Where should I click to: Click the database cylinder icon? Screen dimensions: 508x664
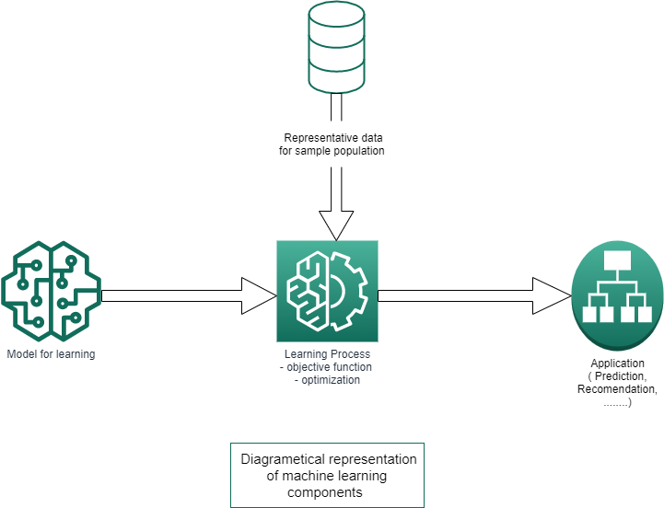click(336, 48)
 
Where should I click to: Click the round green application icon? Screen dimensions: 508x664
click(617, 294)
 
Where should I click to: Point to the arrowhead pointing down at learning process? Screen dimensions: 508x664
click(335, 224)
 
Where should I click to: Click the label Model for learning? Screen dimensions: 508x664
click(51, 354)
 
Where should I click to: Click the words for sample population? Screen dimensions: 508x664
click(332, 151)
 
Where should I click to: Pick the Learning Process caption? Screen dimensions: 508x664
click(327, 354)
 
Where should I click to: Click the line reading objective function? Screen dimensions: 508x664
click(327, 367)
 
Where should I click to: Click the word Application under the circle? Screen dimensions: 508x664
click(617, 364)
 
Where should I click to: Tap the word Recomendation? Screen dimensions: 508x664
click(616, 389)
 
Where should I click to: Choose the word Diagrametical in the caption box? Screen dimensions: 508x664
click(275, 459)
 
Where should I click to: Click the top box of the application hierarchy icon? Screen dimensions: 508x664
click(616, 259)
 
